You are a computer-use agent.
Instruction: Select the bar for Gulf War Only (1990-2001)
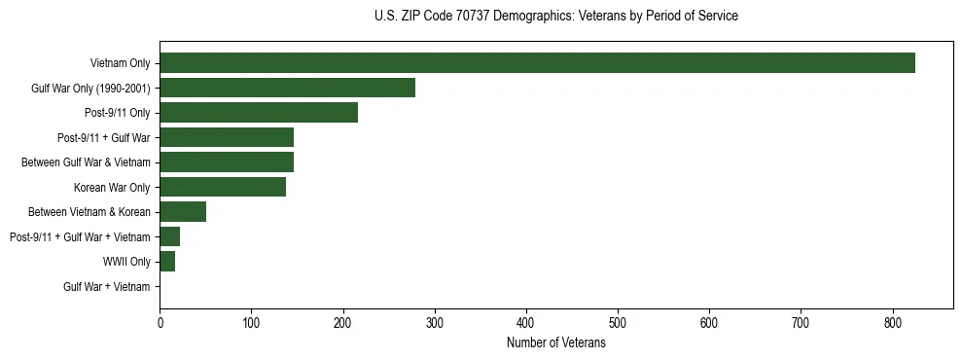[x=287, y=88]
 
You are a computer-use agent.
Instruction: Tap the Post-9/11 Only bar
[x=259, y=113]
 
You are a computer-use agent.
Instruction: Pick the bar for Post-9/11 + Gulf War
[x=227, y=137]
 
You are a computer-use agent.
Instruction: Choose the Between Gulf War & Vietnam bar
[x=227, y=162]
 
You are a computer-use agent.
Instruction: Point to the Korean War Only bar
[x=223, y=187]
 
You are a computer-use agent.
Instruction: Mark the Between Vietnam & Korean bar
[x=183, y=212]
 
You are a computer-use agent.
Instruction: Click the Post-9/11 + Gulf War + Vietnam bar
[x=169, y=236]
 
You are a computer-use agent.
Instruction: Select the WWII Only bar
[x=167, y=262]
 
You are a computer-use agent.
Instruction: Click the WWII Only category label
[x=126, y=262]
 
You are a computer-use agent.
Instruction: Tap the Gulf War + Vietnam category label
[x=107, y=287]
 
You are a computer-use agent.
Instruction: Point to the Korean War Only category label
[x=112, y=187]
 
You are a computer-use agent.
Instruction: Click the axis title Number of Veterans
[x=556, y=343]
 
